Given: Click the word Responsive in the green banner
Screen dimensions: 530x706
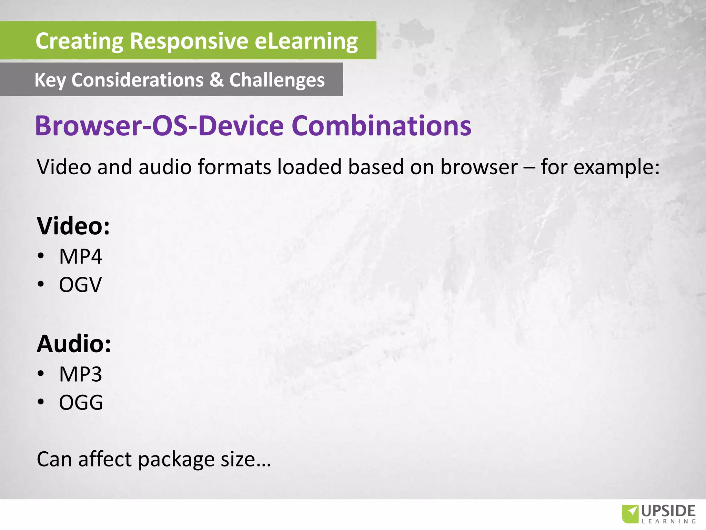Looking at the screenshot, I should (189, 41).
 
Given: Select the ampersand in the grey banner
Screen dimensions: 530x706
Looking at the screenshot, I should (216, 80).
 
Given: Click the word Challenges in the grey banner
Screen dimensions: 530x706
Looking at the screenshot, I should (277, 80).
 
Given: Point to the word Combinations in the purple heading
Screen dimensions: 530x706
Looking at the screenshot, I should (381, 126).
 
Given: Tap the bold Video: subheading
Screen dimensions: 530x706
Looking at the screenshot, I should (73, 226).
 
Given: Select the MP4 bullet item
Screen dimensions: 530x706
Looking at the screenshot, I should (80, 256).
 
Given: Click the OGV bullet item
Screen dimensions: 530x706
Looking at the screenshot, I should (80, 285).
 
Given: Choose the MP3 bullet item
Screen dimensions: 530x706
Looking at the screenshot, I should (80, 374).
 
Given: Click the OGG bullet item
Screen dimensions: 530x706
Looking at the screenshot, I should (81, 402).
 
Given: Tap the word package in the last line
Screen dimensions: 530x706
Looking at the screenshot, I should (176, 460).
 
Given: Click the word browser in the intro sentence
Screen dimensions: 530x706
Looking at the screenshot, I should (479, 167).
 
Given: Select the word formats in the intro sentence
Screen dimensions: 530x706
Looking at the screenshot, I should (234, 167).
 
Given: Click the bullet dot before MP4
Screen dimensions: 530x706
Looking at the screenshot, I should (41, 256).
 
